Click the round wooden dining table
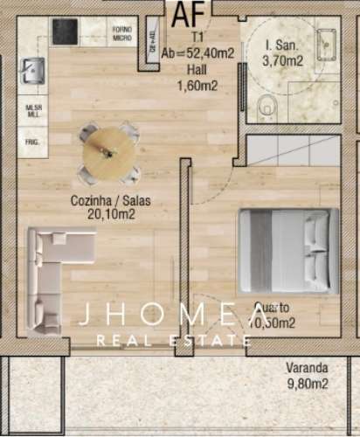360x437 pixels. pyautogui.click(x=108, y=153)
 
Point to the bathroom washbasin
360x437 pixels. pyautogui.click(x=328, y=43)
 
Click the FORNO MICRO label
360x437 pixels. pyautogui.click(x=122, y=34)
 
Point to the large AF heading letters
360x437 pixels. pyautogui.click(x=190, y=15)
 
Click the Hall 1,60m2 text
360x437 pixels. pyautogui.click(x=197, y=80)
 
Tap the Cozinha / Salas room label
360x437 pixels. pyautogui.click(x=110, y=200)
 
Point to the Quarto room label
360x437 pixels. pyautogui.click(x=273, y=307)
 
